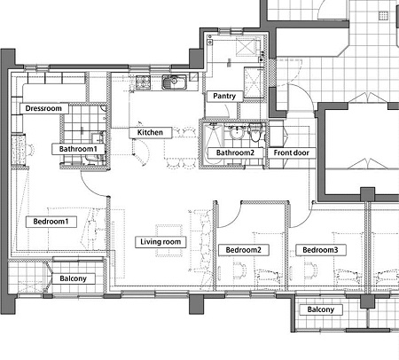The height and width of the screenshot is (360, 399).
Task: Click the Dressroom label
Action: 44,108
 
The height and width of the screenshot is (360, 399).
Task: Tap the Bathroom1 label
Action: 78,149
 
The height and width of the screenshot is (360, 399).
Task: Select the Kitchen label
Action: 150,132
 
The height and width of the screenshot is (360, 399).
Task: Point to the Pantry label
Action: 224,96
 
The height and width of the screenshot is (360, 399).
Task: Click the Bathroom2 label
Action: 235,153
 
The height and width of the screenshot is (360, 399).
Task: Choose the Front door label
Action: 292,153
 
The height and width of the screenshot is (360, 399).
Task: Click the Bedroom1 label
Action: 51,222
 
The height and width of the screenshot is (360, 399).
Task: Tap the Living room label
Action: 160,242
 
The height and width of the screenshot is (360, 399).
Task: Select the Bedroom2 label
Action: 244,250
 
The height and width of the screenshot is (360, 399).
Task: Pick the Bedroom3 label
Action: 320,250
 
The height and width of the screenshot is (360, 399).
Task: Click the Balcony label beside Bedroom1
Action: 74,278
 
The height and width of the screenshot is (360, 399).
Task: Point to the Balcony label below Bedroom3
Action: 321,309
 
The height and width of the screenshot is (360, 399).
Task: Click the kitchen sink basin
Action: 174,82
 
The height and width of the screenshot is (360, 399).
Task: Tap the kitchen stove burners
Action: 143,82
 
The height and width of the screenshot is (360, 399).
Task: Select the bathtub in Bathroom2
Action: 214,144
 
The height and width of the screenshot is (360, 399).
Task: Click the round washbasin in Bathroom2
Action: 237,133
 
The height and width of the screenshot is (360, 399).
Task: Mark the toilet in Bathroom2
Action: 254,132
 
